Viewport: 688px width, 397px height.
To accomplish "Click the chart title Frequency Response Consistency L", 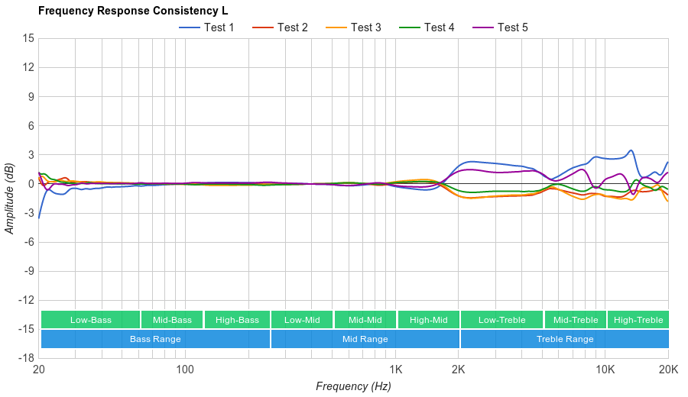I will point(132,11).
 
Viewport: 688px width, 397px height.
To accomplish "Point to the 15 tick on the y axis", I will point(28,38).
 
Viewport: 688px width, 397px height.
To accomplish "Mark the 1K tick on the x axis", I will point(395,369).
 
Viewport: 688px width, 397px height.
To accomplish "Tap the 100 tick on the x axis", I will point(185,369).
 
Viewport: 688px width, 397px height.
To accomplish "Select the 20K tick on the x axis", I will point(668,369).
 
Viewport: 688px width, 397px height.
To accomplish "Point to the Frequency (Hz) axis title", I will point(353,386).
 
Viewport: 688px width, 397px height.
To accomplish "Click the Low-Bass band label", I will point(91,320).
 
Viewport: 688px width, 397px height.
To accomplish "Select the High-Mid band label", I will point(428,320).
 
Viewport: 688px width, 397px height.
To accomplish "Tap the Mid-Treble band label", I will point(576,320).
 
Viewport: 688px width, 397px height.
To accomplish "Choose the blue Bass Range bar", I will point(155,339).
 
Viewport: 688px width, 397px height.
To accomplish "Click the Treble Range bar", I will point(565,339).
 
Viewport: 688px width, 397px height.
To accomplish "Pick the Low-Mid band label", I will point(302,320).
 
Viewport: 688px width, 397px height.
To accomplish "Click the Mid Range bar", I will point(365,339).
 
